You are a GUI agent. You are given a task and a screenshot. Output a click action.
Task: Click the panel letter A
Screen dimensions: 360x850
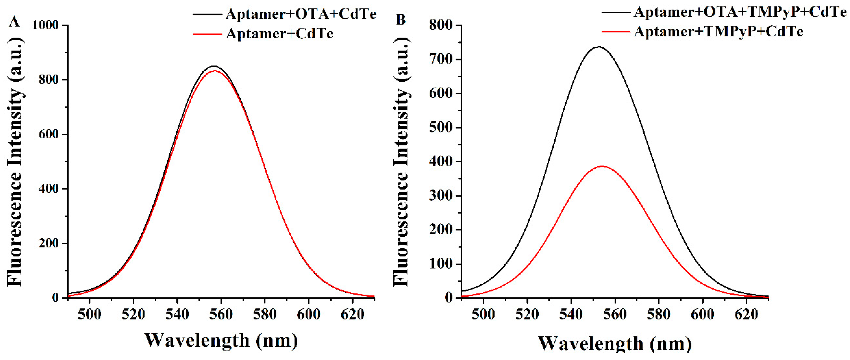point(14,22)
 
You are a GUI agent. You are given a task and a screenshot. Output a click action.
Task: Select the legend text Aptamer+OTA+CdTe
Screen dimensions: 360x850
point(301,14)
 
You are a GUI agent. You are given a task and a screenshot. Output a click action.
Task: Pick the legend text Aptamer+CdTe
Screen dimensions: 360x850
point(279,34)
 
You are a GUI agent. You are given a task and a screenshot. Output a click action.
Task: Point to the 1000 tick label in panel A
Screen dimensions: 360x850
point(45,25)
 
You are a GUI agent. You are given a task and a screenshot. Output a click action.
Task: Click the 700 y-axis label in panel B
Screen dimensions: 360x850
point(441,59)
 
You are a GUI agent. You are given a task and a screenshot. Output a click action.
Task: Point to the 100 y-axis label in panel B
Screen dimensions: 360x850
point(441,264)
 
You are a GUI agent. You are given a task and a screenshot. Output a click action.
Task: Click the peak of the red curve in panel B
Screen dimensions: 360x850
point(602,166)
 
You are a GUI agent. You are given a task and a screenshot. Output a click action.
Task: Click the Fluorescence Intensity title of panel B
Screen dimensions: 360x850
point(401,162)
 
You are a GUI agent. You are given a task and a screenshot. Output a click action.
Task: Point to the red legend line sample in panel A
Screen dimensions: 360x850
point(207,34)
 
